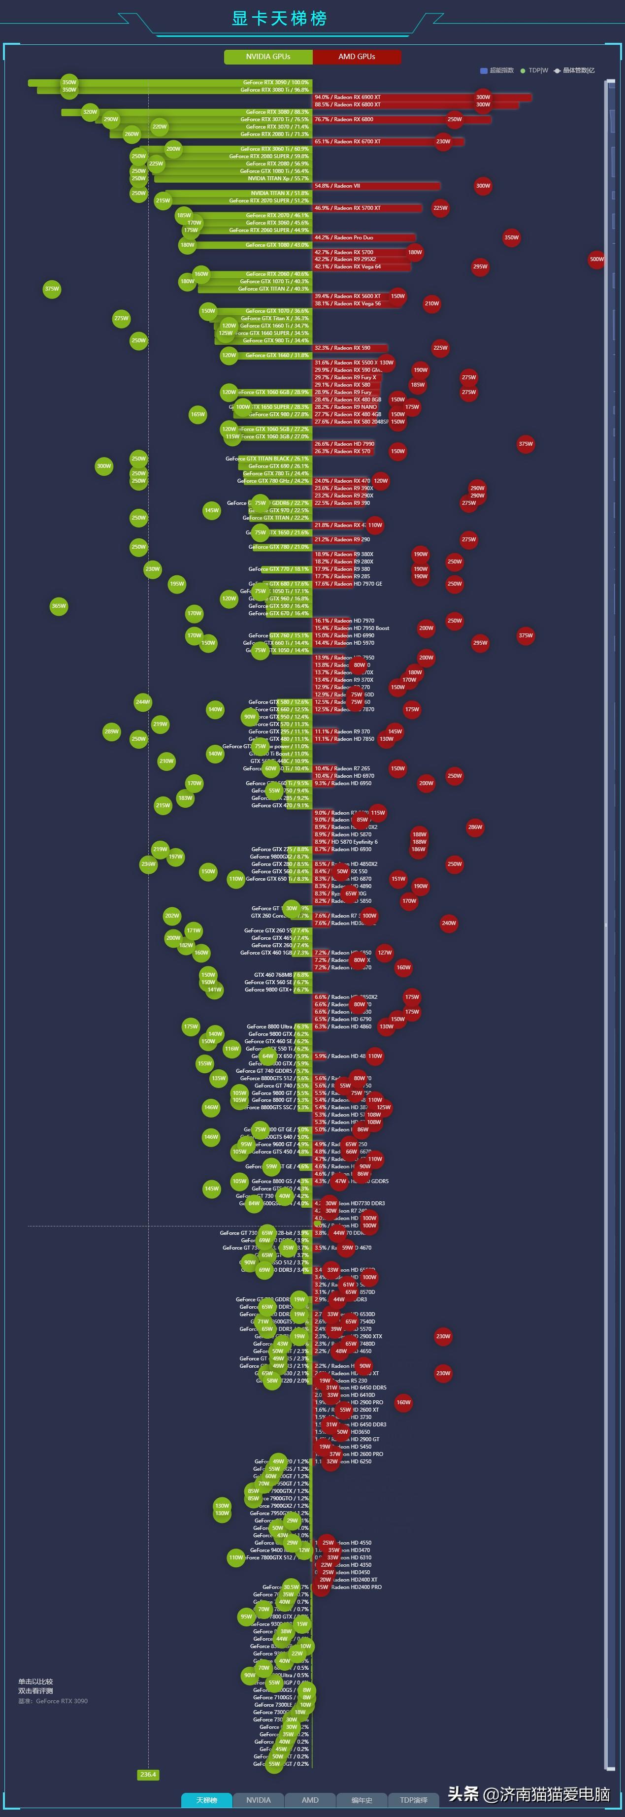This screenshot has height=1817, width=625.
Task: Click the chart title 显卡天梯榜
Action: point(279,18)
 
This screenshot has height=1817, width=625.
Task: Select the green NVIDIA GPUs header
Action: point(268,57)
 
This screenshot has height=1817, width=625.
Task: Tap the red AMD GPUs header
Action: point(357,57)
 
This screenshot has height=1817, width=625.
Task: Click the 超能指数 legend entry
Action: point(497,70)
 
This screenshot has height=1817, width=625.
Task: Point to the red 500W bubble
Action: point(597,259)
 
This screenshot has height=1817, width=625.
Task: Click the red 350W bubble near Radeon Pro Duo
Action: point(511,237)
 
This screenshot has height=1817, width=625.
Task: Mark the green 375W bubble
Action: point(52,289)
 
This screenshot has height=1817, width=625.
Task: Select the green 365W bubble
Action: point(59,606)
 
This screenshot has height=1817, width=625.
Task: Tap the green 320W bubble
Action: point(90,111)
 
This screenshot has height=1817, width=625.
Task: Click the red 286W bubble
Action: point(475,826)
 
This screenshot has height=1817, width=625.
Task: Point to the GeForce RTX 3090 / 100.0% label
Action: point(276,83)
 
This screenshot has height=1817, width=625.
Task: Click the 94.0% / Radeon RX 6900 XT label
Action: point(348,98)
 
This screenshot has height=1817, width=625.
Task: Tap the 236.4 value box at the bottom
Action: point(148,1774)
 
